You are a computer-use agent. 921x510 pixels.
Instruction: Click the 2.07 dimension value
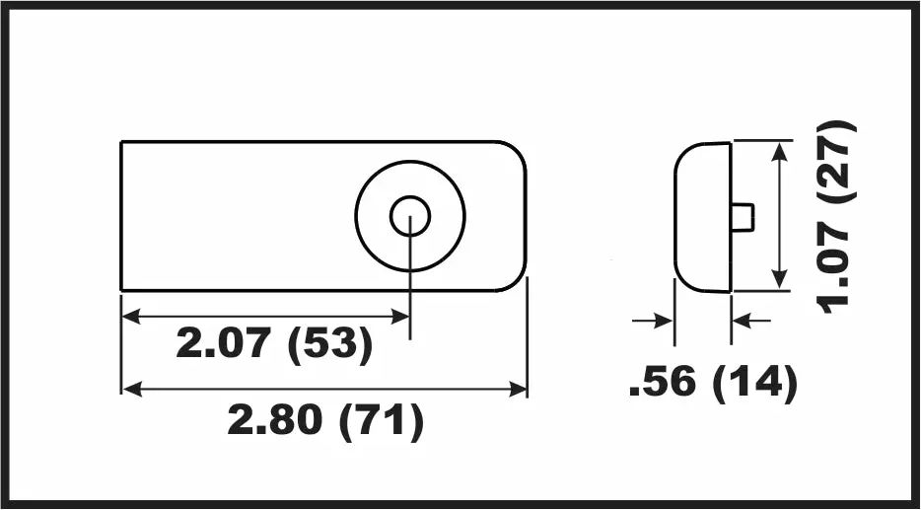224,343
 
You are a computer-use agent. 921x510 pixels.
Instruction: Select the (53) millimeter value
330,344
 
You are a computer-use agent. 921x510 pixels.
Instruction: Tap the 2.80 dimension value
275,419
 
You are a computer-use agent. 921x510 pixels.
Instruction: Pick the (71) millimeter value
382,420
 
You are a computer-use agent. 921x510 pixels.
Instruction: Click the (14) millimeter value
755,382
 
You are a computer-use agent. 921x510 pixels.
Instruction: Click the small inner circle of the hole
410,216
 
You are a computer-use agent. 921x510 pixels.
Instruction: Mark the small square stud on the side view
743,216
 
